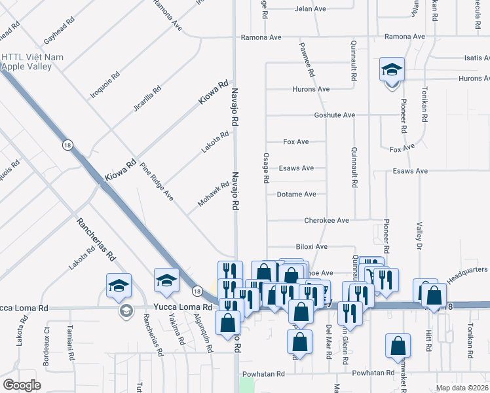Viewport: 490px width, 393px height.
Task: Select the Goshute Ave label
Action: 334,115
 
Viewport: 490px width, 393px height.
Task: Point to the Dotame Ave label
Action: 296,195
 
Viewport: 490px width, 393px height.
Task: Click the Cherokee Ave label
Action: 326,221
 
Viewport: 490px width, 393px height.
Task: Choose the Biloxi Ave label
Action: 311,247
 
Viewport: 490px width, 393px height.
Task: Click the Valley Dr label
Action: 417,236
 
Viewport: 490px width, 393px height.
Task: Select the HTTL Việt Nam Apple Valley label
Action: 33,62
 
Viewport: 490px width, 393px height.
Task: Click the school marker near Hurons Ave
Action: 392,71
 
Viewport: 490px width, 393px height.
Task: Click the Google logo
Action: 22,385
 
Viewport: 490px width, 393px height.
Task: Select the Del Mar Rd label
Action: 328,338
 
